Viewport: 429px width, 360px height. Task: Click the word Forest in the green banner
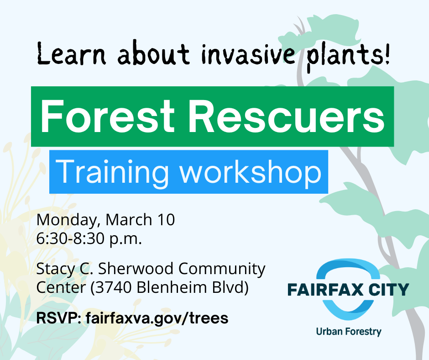[108, 116]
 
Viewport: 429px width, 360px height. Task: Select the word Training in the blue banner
[112, 173]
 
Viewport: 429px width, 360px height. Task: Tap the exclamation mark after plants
[387, 54]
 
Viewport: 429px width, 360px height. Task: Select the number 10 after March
[166, 220]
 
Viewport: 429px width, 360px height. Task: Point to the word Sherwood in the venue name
[136, 269]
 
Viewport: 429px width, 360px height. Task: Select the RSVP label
[58, 318]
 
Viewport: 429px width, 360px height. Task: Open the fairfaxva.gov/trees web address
[157, 318]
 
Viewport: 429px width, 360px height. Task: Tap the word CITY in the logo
[389, 290]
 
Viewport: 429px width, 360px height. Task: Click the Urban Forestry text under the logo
[349, 332]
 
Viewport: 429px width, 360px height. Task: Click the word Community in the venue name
[222, 269]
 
